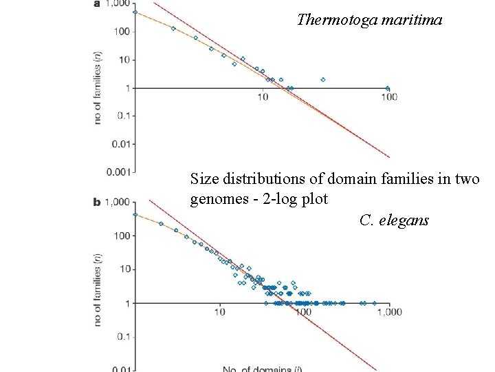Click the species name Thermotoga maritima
point(370,20)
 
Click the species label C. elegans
point(394,220)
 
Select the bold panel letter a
point(96,5)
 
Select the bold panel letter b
point(97,203)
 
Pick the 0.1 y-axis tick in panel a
point(122,116)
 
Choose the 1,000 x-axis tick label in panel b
point(390,312)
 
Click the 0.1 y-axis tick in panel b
point(122,337)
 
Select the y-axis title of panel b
point(100,290)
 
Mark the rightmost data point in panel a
point(388,88)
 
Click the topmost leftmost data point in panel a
point(135,12)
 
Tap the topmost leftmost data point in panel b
point(135,214)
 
